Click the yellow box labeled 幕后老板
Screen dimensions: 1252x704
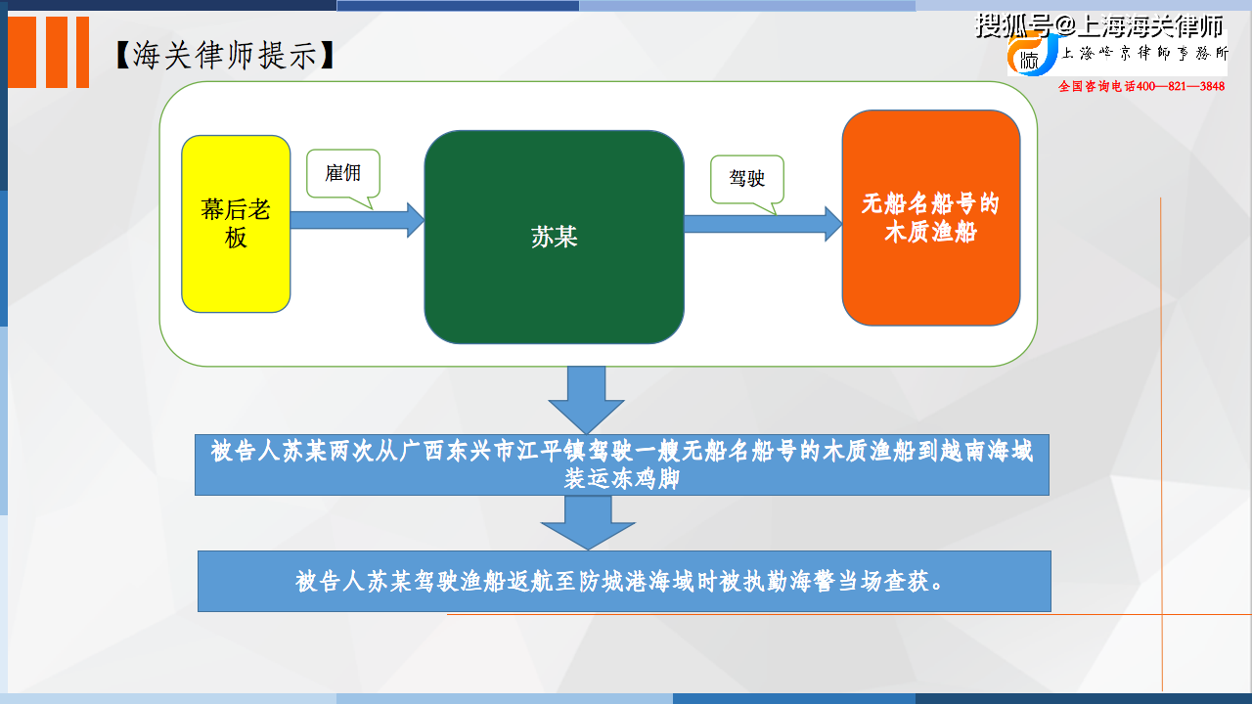(236, 224)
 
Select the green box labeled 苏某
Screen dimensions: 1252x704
(554, 237)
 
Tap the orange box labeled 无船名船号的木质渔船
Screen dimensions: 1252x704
(931, 217)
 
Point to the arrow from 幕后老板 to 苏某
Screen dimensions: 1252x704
(358, 220)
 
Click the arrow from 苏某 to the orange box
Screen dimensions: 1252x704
(764, 224)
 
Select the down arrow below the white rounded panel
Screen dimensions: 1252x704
(586, 400)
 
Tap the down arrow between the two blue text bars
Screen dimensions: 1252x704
(588, 523)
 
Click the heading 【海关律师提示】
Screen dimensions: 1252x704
(225, 55)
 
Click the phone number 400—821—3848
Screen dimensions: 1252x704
(1181, 86)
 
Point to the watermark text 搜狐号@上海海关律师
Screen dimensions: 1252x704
(1100, 25)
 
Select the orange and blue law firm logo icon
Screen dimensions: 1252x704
(1033, 54)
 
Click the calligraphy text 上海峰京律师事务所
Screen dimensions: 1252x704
(1145, 53)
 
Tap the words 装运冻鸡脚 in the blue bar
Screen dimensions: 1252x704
(621, 479)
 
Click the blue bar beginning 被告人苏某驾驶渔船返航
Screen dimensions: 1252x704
(624, 581)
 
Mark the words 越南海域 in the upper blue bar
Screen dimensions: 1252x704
(987, 451)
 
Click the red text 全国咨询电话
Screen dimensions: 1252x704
(1097, 86)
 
